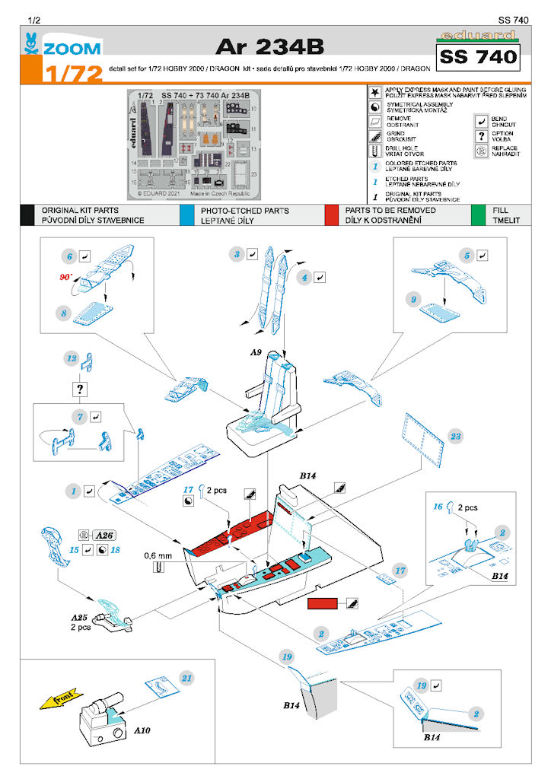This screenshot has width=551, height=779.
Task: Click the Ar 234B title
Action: point(269,46)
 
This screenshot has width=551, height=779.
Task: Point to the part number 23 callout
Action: point(456,437)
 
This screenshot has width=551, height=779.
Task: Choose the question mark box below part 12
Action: point(79,389)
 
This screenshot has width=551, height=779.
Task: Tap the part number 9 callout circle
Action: point(414,300)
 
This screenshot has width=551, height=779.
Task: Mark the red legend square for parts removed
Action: point(330,215)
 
